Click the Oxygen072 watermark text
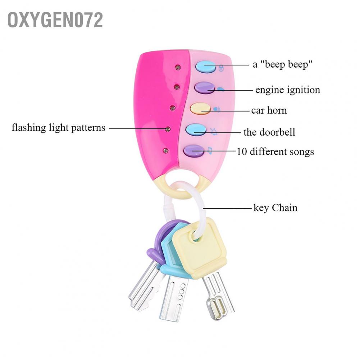click(55, 20)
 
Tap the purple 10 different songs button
click(194, 150)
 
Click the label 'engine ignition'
click(288, 90)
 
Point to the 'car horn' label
click(269, 110)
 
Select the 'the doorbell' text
click(269, 132)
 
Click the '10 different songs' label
click(275, 151)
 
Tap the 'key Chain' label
click(275, 208)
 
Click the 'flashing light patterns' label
click(59, 128)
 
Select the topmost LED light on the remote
click(177, 67)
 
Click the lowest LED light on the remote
click(165, 150)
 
